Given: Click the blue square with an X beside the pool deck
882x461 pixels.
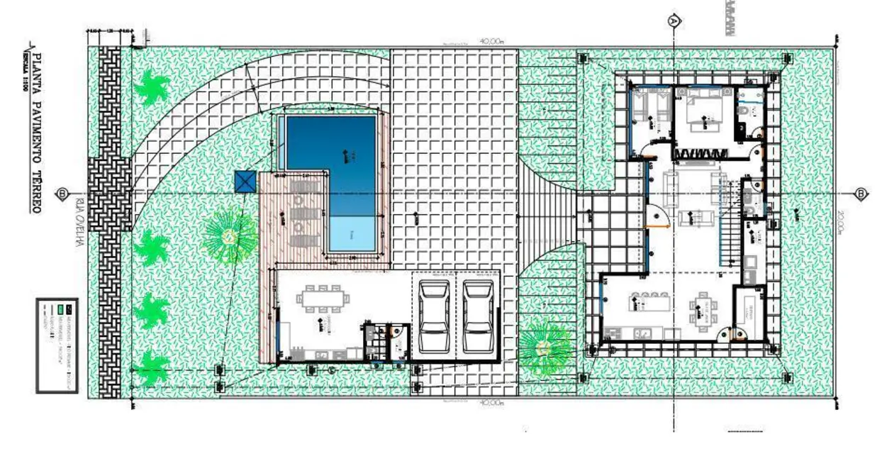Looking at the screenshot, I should [x=245, y=182].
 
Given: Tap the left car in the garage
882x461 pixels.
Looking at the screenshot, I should [x=434, y=316].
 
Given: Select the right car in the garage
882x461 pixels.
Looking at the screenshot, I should [x=478, y=316].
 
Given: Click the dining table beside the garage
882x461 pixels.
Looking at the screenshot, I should [x=323, y=299].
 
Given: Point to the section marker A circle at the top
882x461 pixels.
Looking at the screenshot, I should [x=674, y=21].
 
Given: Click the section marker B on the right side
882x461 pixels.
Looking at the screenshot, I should [x=861, y=194].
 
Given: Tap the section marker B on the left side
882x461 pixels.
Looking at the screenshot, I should [x=63, y=194].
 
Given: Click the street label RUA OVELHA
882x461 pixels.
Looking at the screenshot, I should [x=77, y=222].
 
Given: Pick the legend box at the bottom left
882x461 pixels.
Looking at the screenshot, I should [x=57, y=345].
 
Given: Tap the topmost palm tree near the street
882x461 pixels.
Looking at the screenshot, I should [x=152, y=87].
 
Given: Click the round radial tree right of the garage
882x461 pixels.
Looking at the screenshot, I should [x=545, y=348].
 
